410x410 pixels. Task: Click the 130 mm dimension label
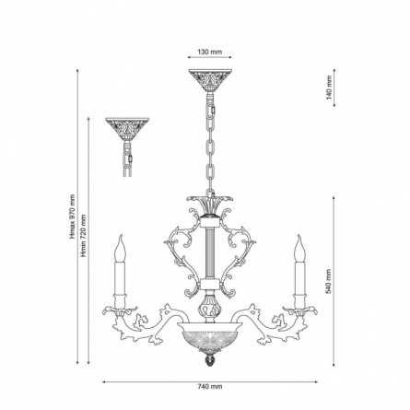210,52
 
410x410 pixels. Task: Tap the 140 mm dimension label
329,88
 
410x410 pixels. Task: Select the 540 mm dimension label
329,282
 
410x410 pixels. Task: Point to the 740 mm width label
210,387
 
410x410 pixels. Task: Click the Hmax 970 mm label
73,217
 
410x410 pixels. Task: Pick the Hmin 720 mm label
84,236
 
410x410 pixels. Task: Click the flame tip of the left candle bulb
122,236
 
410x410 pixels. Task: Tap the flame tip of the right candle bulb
299,236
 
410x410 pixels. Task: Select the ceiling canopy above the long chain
210,79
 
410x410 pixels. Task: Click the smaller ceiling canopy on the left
127,128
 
